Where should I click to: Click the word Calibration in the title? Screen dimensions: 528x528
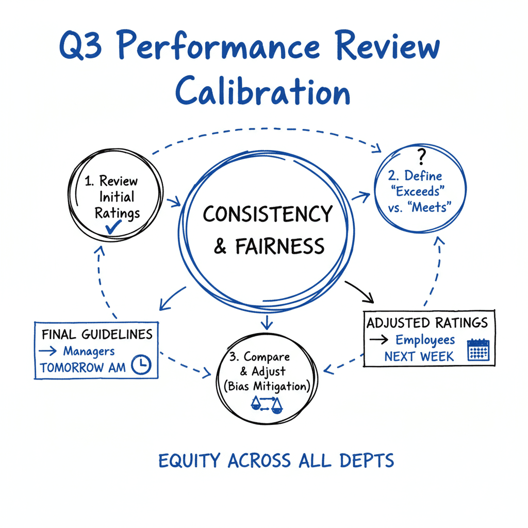click(x=263, y=93)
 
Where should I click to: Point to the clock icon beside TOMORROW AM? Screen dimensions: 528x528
click(x=141, y=365)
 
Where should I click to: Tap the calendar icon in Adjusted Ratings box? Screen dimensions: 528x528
click(x=477, y=349)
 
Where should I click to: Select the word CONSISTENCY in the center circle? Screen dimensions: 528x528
click(x=267, y=214)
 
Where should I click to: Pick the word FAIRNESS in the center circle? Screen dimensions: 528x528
click(x=279, y=246)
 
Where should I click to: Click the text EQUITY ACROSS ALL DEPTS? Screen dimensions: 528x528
click(x=276, y=460)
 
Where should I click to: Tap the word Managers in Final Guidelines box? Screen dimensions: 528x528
click(x=89, y=351)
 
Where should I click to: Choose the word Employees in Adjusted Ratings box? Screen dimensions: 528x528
click(x=425, y=340)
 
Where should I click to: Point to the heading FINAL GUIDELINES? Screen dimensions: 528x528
click(x=97, y=334)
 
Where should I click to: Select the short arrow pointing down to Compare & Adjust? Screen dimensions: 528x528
click(x=266, y=323)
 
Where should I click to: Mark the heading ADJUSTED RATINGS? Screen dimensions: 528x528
click(x=427, y=323)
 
